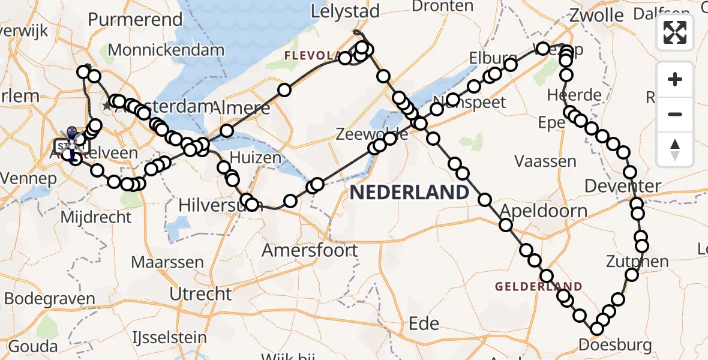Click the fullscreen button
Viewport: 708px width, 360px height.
675,32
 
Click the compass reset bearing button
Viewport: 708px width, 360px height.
675,149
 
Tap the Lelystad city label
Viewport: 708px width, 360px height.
345,11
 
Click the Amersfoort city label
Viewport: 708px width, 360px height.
310,250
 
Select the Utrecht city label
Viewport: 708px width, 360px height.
200,293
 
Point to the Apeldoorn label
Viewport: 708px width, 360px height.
543,211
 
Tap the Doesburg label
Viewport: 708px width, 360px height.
615,345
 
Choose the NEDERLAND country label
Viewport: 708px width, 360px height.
409,192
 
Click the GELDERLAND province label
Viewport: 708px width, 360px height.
538,287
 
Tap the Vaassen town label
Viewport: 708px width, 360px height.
545,161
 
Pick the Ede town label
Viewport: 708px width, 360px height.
424,323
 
